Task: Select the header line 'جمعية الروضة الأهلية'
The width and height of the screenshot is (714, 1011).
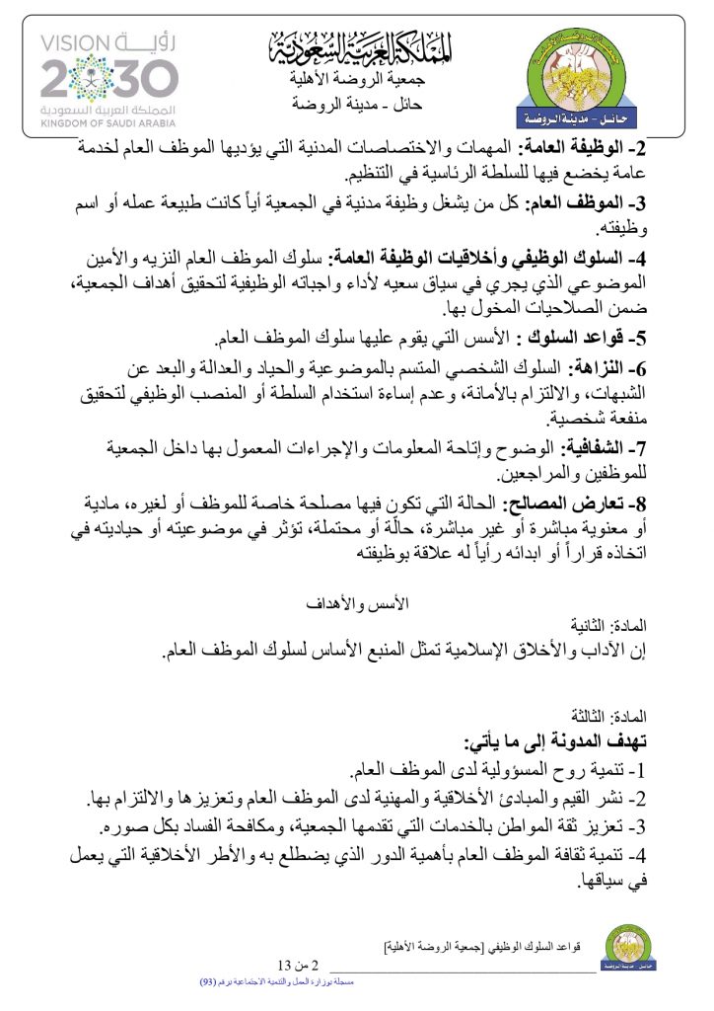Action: coord(362,80)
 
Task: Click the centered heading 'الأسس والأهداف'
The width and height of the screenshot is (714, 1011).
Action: coord(360,602)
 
